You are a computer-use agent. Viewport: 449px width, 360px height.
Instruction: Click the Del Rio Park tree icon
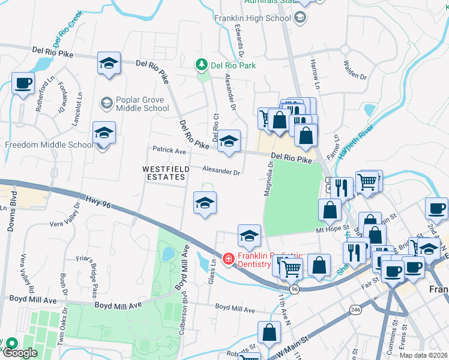(x=203, y=64)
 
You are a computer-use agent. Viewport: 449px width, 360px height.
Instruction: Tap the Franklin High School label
(x=253, y=18)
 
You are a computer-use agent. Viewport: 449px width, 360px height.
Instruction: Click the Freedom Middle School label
(x=49, y=145)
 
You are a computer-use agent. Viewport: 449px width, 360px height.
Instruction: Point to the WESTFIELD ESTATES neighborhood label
(x=166, y=173)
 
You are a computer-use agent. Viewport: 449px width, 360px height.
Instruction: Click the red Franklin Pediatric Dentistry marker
(x=228, y=259)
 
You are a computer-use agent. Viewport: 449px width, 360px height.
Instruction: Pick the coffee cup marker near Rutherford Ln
(x=23, y=83)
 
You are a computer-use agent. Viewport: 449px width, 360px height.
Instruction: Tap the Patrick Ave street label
(x=169, y=151)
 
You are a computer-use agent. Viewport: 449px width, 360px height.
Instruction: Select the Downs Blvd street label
(x=13, y=217)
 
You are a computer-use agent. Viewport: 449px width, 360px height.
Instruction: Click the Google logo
(x=19, y=353)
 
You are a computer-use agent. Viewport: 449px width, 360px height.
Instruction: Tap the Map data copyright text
(x=423, y=355)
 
